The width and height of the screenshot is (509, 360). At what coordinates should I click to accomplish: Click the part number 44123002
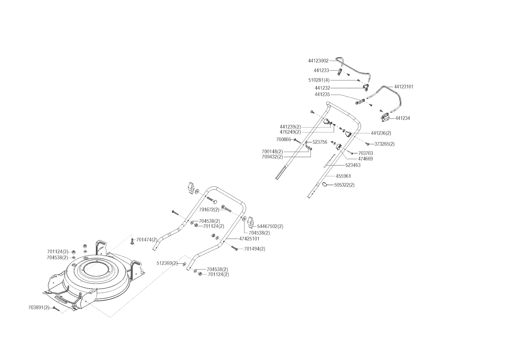318,61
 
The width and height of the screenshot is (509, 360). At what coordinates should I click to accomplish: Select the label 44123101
404,87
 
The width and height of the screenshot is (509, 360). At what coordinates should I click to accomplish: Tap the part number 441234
402,118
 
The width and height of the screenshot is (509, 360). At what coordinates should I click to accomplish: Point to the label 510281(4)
319,80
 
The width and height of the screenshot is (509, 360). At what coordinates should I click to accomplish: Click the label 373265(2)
384,144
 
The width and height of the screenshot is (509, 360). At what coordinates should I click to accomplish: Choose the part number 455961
343,176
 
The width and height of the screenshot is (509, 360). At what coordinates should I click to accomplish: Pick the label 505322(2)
344,185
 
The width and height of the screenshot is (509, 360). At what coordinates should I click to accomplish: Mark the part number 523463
353,165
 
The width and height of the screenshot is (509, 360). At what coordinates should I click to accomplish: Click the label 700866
284,140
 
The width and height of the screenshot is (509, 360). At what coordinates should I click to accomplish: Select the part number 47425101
249,239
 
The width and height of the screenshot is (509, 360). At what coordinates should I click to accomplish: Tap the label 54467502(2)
270,226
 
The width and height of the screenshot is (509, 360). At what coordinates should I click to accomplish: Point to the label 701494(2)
255,249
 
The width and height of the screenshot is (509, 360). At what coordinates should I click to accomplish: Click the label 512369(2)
167,264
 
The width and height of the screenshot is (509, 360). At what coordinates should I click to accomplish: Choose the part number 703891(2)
39,307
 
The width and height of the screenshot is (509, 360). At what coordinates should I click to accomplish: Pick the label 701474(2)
147,240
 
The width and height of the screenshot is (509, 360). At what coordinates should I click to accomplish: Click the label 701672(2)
209,210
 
